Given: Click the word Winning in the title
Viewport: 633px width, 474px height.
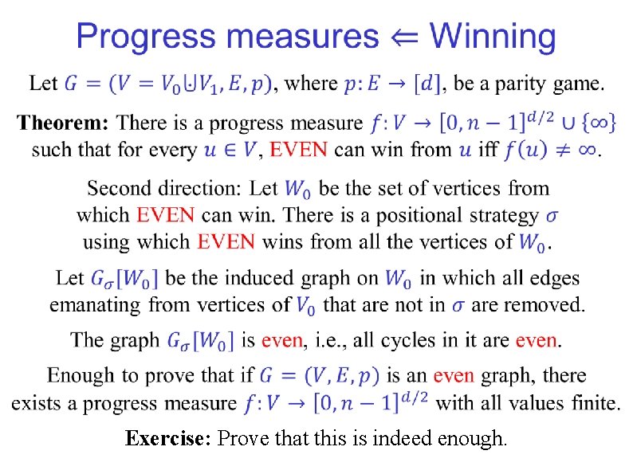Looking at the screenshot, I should click(493, 37).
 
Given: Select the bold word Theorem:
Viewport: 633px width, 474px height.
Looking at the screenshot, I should click(63, 123).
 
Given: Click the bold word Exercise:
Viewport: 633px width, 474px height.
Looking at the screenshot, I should click(168, 438).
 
